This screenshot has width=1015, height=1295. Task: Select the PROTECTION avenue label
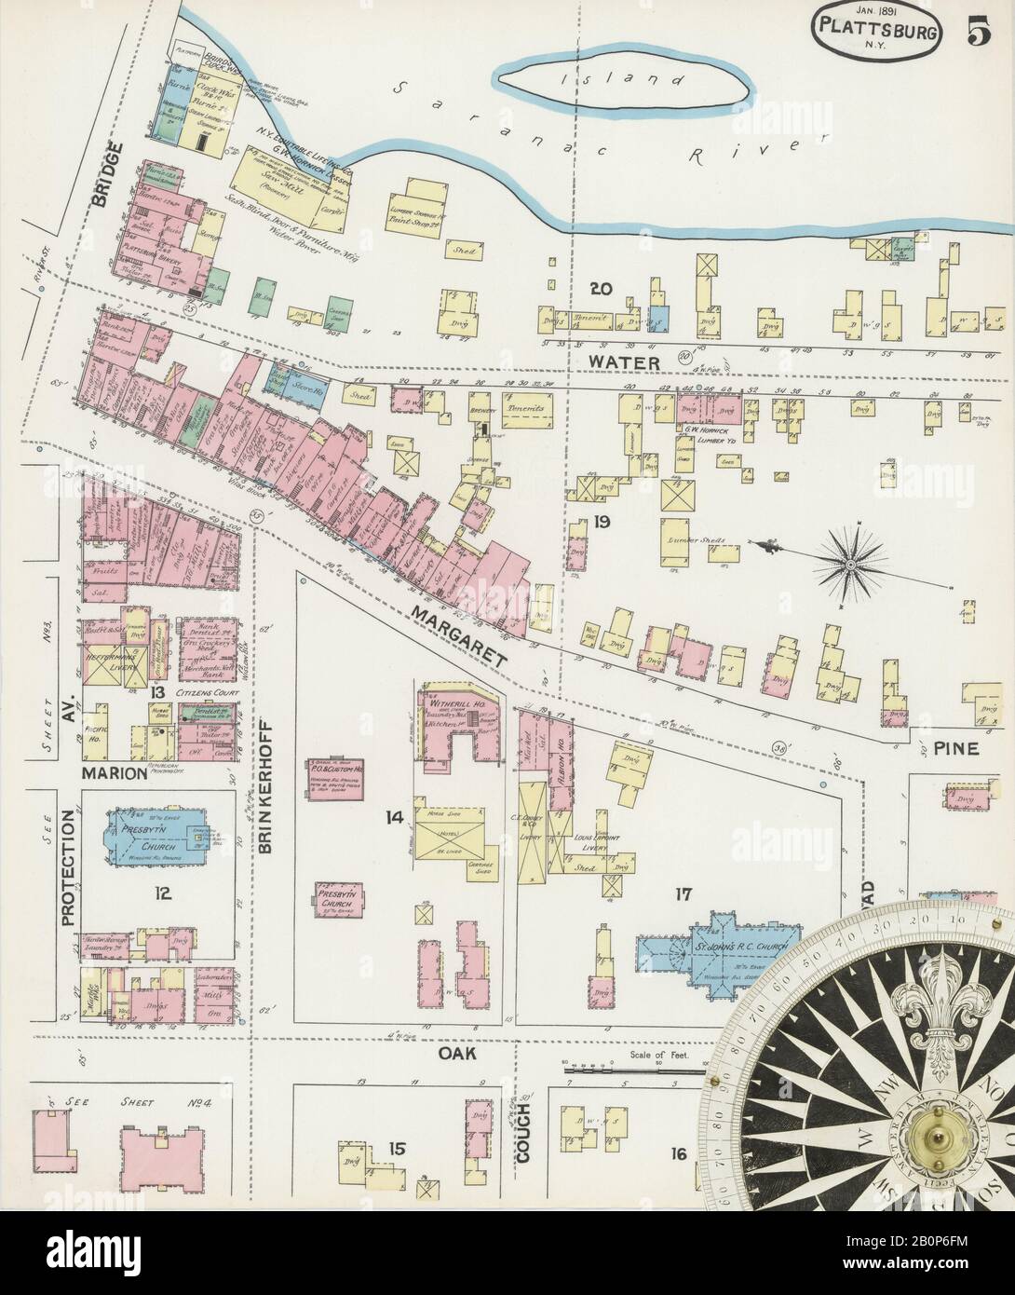click(x=68, y=866)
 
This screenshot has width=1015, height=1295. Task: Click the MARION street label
click(x=115, y=772)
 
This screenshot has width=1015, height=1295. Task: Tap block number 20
click(x=601, y=289)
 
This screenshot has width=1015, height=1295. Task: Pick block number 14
click(x=395, y=817)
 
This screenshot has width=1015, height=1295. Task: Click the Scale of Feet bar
click(x=633, y=1071)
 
